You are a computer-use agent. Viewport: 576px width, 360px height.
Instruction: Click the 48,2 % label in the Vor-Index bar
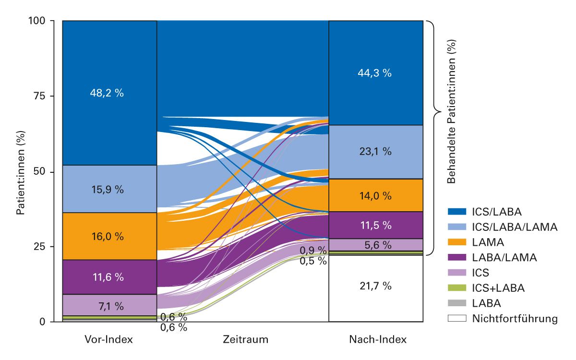pyautogui.click(x=107, y=93)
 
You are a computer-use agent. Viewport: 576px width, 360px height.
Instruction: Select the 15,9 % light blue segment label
pyautogui.click(x=107, y=189)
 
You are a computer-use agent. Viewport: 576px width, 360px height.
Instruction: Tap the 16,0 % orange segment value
pyautogui.click(x=107, y=236)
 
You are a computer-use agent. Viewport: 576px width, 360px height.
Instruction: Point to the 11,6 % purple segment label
pyautogui.click(x=107, y=277)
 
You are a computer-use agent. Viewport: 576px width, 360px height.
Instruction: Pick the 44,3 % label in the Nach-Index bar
pyautogui.click(x=375, y=73)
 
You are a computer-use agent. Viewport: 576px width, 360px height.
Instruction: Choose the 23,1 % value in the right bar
pyautogui.click(x=375, y=152)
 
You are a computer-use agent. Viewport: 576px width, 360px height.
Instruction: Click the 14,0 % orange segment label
pyautogui.click(x=375, y=195)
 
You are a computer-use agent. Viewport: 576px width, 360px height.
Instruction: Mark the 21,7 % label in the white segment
pyautogui.click(x=375, y=286)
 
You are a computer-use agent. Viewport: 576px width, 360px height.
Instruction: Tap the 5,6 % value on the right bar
pyautogui.click(x=375, y=245)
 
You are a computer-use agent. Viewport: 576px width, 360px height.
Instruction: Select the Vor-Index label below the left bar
pyautogui.click(x=108, y=340)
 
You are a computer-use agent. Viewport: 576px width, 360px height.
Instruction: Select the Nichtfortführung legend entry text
pyautogui.click(x=515, y=318)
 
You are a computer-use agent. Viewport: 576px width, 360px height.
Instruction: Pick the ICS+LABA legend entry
pyautogui.click(x=498, y=288)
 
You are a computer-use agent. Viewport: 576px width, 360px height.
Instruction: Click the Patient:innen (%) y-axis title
pyautogui.click(x=21, y=171)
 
